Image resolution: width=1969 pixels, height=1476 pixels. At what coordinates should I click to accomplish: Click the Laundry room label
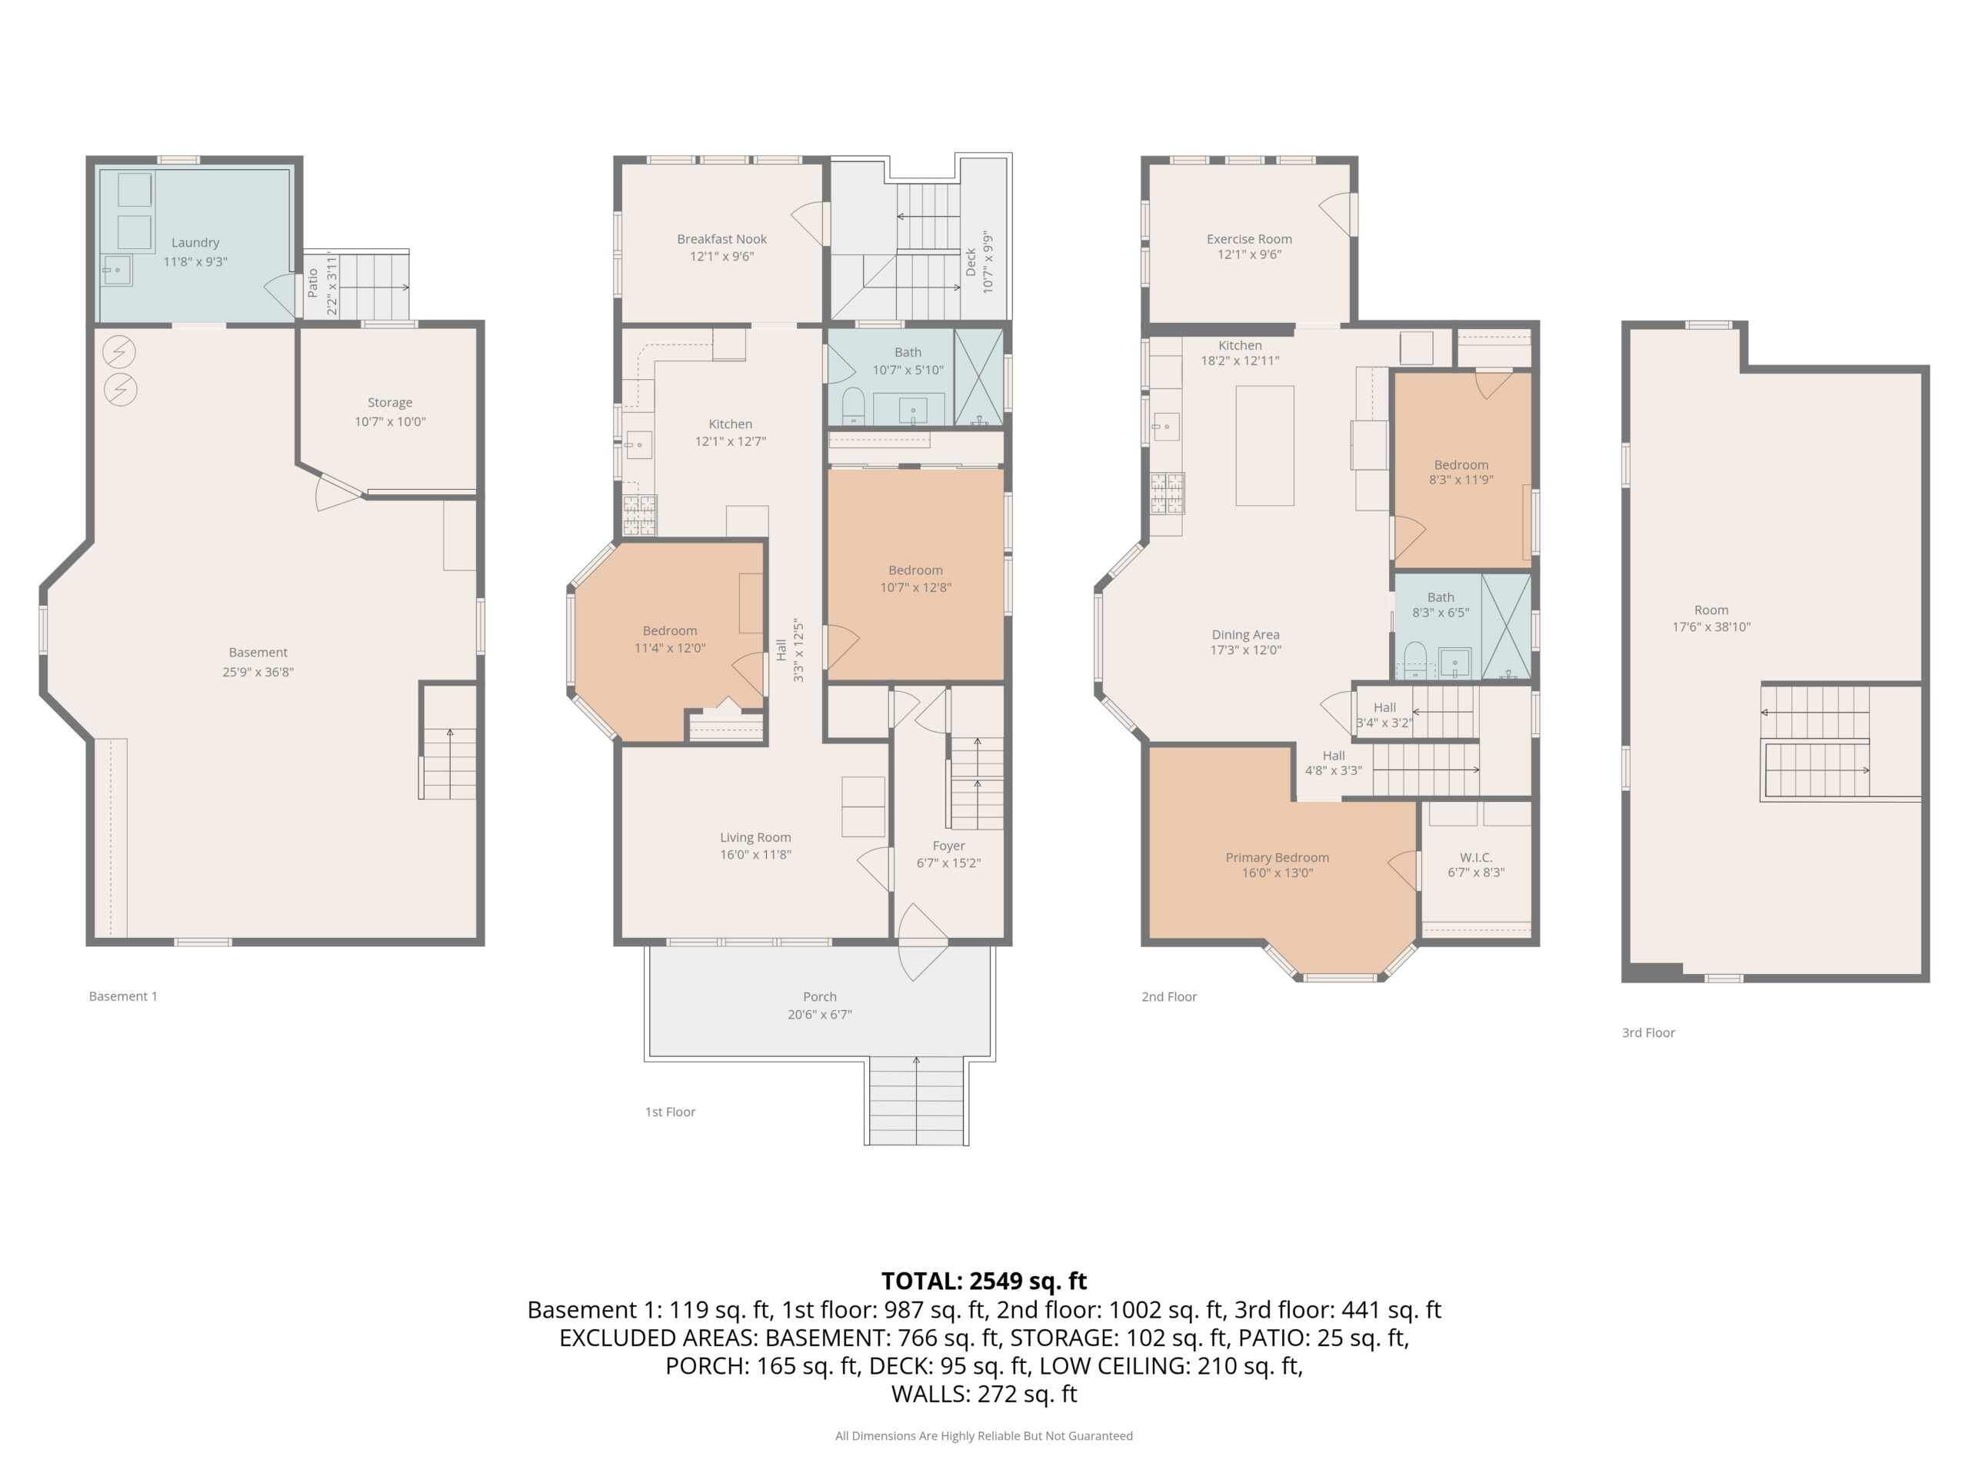click(x=195, y=243)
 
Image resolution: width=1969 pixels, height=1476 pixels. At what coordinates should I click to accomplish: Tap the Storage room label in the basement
click(x=390, y=403)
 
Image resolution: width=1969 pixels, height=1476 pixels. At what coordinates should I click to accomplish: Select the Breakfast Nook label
click(x=722, y=239)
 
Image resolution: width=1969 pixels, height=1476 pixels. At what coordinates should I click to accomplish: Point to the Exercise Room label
click(x=1249, y=239)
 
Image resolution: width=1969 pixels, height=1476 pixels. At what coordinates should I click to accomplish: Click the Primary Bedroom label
click(x=1278, y=858)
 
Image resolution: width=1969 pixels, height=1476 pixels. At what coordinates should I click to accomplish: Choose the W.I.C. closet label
click(x=1476, y=858)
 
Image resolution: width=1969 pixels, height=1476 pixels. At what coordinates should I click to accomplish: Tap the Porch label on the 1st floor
click(x=820, y=997)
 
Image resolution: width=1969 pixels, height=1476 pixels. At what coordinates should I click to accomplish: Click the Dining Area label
click(x=1245, y=635)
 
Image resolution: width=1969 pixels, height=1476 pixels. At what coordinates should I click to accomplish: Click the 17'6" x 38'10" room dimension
click(x=1711, y=627)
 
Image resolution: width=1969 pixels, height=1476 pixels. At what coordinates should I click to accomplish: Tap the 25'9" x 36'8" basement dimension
click(x=258, y=673)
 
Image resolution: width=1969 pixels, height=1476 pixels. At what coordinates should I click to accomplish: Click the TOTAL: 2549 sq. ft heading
click(x=984, y=1282)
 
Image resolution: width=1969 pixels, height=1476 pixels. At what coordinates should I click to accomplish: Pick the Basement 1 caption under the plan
click(x=123, y=996)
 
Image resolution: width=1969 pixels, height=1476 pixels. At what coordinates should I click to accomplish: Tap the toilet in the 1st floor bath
click(x=853, y=407)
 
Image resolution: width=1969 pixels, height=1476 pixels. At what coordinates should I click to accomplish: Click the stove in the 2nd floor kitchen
click(x=1168, y=494)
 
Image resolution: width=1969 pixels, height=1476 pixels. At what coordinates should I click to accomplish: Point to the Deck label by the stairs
click(x=971, y=261)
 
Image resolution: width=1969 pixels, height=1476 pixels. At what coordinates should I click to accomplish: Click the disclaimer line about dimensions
click(x=984, y=1436)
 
